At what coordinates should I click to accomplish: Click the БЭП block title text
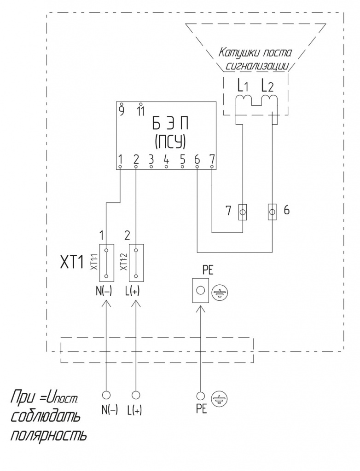[170, 125]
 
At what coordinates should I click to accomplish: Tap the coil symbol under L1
[243, 99]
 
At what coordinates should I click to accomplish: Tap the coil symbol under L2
[269, 99]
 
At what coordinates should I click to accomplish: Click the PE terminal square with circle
[200, 291]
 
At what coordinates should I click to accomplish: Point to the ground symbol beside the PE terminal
[221, 292]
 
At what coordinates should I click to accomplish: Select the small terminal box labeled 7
[243, 212]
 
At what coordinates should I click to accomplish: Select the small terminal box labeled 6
[272, 212]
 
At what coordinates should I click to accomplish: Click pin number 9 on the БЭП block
[122, 110]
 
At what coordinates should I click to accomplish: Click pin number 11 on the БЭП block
[140, 110]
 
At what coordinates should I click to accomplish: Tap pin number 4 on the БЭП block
[166, 159]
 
